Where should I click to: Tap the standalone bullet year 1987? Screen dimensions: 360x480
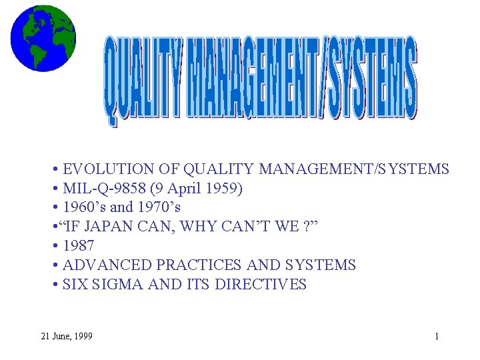click(x=78, y=246)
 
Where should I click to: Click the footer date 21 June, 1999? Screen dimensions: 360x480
click(x=66, y=336)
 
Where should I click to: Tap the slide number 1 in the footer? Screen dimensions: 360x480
click(x=437, y=336)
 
